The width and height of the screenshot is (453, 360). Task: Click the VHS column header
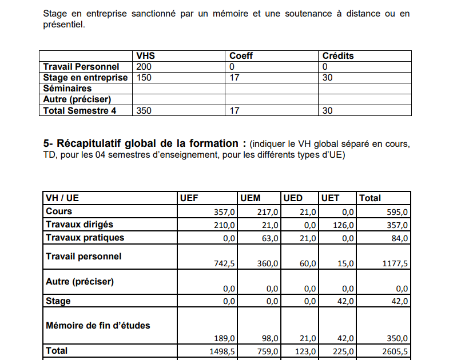146,56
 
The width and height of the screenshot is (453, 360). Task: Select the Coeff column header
241,56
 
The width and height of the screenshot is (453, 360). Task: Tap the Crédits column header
338,56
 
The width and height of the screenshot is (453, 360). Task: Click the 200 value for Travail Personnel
144,67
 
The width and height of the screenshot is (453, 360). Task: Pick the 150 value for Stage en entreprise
144,78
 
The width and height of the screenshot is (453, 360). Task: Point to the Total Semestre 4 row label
80,111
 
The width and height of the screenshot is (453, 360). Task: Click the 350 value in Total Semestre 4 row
144,111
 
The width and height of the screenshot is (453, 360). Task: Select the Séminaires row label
67,89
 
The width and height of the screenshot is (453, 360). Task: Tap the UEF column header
189,198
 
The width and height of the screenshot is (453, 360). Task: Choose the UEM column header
251,198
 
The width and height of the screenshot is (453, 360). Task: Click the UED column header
293,198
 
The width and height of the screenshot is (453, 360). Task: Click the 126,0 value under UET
343,225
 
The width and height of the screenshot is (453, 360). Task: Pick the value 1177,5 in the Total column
394,263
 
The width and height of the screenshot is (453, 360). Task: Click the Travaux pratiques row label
85,237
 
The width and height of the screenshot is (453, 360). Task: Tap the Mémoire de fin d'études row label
98,325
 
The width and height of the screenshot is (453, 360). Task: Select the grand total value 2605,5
394,351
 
